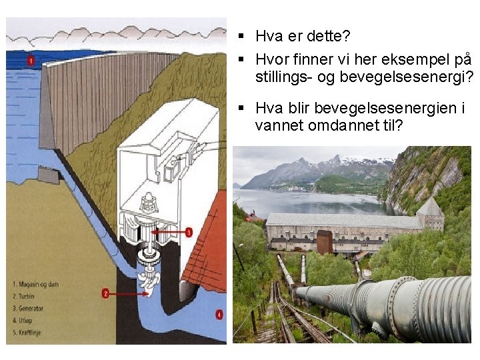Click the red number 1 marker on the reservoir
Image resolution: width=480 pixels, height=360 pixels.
coord(31,61)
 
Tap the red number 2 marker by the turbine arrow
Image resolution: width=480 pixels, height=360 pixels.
coord(106,293)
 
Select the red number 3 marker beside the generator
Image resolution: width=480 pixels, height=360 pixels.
coord(189,232)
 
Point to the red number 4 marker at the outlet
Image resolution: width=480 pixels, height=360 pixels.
coord(219,313)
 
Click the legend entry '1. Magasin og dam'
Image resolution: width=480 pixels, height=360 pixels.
coord(37,285)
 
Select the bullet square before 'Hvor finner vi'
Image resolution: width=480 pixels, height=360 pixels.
coord(240,58)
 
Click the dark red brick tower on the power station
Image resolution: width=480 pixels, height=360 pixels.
coord(325,241)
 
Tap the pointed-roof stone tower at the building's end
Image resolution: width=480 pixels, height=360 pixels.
coord(430,215)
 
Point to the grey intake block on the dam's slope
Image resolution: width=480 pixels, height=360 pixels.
coord(49,175)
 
